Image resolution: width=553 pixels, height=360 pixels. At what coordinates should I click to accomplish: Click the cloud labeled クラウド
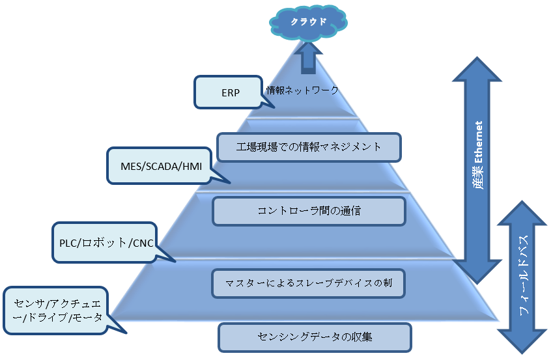click(x=308, y=22)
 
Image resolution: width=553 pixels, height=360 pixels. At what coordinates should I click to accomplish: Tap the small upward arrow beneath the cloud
click(x=308, y=57)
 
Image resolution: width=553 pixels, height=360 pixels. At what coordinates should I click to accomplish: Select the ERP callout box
click(x=231, y=92)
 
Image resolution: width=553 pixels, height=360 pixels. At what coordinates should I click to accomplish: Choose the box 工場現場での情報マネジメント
click(x=308, y=147)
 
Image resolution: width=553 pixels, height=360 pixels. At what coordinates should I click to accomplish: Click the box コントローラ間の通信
click(x=309, y=211)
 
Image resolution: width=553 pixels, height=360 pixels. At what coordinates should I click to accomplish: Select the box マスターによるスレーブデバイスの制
click(x=309, y=283)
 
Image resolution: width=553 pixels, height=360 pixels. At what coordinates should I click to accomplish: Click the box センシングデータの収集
click(x=314, y=337)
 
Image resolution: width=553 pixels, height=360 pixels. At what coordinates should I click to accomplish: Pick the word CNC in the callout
click(x=141, y=243)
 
